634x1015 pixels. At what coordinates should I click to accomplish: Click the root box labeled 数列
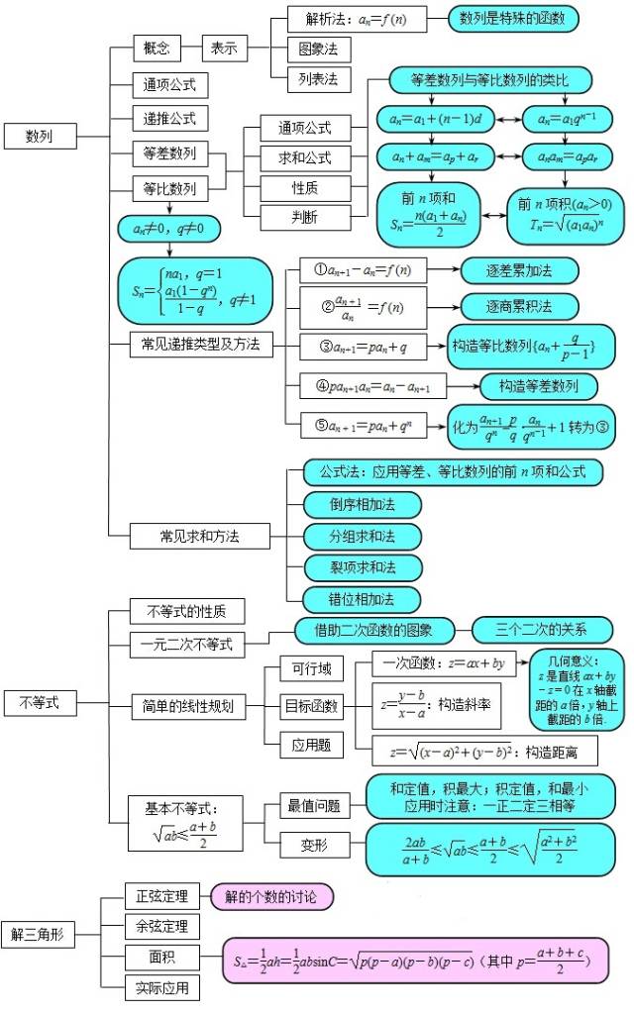click(40, 136)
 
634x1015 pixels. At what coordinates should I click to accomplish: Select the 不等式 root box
click(40, 703)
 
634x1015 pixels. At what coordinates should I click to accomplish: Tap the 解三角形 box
click(37, 931)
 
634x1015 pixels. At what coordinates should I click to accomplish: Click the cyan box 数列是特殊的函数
click(513, 18)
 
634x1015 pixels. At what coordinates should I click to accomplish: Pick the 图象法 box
click(318, 48)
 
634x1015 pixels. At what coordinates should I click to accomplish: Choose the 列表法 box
click(318, 77)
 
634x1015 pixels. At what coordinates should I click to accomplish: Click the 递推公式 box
click(169, 119)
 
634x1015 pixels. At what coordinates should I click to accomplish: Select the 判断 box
click(304, 217)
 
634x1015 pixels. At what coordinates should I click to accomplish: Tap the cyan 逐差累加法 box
click(519, 269)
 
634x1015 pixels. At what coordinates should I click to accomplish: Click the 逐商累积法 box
click(519, 306)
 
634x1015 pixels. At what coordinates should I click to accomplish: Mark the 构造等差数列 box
click(539, 386)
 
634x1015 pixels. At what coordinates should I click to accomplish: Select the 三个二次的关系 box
click(542, 629)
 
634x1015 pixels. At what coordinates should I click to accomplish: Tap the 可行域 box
click(304, 670)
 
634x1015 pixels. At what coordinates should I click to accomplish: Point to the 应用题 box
click(304, 742)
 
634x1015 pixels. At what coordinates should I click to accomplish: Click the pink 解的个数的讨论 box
click(270, 897)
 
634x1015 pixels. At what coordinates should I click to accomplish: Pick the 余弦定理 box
click(161, 927)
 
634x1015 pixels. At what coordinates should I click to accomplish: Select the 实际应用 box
click(161, 987)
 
